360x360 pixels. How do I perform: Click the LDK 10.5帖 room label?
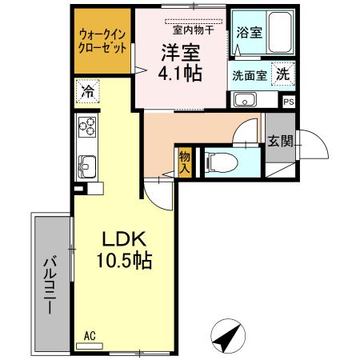tap(122, 249)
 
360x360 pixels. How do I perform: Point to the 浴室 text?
tap(250, 33)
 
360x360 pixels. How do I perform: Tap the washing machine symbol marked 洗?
tap(283, 73)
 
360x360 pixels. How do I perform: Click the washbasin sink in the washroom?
tap(244, 101)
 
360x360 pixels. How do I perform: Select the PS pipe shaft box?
tap(289, 102)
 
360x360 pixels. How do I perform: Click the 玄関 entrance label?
tap(280, 142)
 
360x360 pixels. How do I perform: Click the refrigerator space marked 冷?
tap(87, 91)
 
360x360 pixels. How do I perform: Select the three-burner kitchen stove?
tap(87, 127)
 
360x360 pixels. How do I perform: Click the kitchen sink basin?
tap(86, 166)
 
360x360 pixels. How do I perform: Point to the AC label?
tap(90, 338)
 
